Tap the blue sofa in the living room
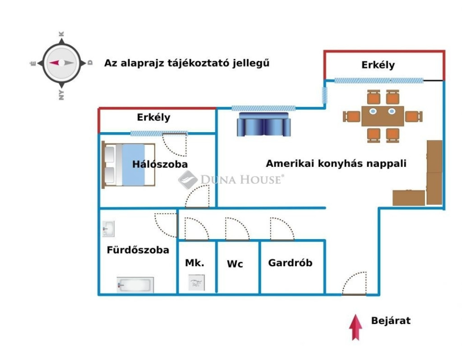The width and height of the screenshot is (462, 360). pos(263,125)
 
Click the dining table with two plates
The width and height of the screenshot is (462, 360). pos(383,116)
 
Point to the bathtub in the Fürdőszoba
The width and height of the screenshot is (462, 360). pos(135,285)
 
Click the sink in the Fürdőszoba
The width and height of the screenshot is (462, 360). pos(108,229)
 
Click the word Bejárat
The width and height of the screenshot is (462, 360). pos(391,321)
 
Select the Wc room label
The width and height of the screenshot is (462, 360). pos(235,264)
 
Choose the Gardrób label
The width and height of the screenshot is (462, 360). pos(290,263)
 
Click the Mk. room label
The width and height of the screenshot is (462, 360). pos(195,263)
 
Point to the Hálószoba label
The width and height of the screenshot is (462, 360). pos(160,164)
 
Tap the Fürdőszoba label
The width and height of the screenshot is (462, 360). pos(138,249)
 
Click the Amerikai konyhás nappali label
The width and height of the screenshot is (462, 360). pos(336,163)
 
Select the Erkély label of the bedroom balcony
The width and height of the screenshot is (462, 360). pos(154,117)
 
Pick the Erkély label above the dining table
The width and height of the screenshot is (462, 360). pos(378,65)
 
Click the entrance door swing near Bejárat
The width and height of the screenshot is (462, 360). pos(355,284)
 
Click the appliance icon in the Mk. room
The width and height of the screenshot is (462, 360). pos(197,283)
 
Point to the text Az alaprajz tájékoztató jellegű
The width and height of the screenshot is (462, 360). pos(187,63)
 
